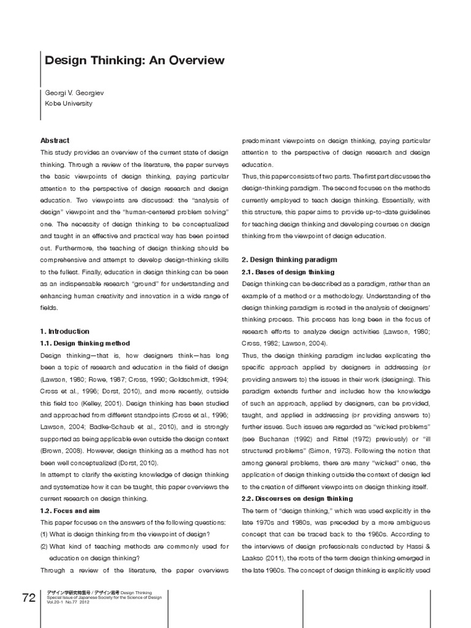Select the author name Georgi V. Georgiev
(x=74, y=92)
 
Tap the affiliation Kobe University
(x=69, y=104)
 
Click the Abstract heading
(x=55, y=140)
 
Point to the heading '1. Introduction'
(x=65, y=331)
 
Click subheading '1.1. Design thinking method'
(x=85, y=343)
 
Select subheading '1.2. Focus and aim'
(x=70, y=510)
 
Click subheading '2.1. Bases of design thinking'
(x=288, y=272)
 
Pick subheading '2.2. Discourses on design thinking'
(x=297, y=498)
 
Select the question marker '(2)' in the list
(x=45, y=546)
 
